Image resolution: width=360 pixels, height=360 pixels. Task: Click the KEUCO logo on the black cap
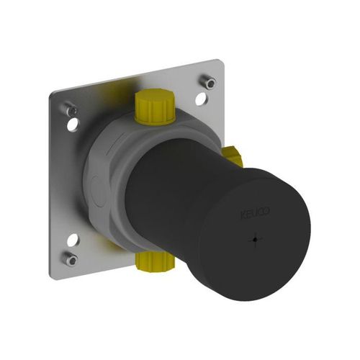click(x=255, y=213)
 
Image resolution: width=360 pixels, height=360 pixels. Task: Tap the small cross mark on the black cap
click(x=255, y=239)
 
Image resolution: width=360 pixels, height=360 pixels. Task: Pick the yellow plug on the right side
click(x=233, y=156)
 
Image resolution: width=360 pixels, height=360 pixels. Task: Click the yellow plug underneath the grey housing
click(x=154, y=262)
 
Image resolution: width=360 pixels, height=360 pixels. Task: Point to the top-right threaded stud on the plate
click(x=207, y=81)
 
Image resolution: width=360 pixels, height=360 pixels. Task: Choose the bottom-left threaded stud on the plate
click(x=71, y=258)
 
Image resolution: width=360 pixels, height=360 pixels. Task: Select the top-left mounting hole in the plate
click(x=73, y=125)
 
